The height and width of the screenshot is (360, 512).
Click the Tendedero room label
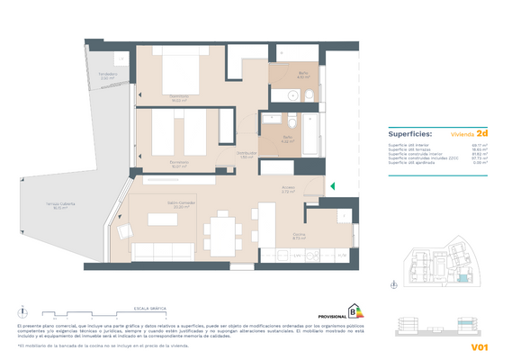coord(108,76)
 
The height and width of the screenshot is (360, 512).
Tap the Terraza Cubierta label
coord(61,206)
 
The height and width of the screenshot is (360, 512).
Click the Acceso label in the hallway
coord(289,190)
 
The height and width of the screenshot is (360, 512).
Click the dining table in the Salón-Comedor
coord(220,232)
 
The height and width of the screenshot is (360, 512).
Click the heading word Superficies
coord(409,133)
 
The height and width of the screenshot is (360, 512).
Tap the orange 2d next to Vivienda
coord(483,132)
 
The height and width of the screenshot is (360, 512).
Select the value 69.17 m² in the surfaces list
coord(481,144)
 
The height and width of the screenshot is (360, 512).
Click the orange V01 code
coord(479,346)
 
